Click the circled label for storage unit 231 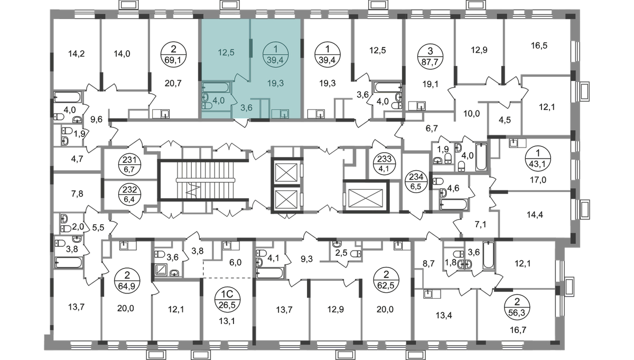[x=129, y=165]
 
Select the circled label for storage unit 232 [x=129, y=194]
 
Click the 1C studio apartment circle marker [x=228, y=300]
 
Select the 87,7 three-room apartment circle [x=430, y=57]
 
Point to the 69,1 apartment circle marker [x=173, y=54]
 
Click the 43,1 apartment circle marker [x=538, y=159]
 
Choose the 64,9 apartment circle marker [x=127, y=280]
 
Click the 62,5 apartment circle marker [x=386, y=280]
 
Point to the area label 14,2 [x=77, y=53]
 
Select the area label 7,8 [x=77, y=194]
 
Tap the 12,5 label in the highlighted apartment [x=227, y=52]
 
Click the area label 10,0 [x=471, y=114]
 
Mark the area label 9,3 [x=306, y=259]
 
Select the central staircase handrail [x=206, y=180]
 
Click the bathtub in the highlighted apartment [x=216, y=87]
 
